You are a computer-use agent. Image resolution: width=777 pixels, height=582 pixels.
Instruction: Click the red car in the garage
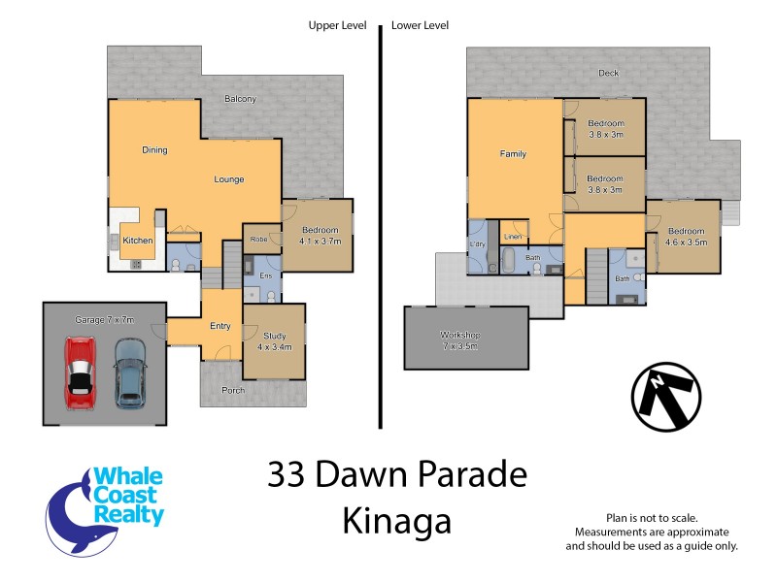pos(81,372)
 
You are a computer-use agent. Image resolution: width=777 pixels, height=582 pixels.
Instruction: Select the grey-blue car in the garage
pos(129,372)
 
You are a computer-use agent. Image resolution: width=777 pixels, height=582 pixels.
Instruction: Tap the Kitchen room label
pos(137,240)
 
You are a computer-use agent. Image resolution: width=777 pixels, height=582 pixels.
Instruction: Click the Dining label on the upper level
pos(154,150)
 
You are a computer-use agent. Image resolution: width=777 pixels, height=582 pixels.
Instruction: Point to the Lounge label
pos(229,179)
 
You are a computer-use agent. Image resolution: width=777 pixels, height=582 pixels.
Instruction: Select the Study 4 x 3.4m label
pos(273,340)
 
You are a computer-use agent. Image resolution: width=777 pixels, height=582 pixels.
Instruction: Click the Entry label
pos(220,326)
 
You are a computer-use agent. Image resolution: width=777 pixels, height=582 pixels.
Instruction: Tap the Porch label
pos(233,391)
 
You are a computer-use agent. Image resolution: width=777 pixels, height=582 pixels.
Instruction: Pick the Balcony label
pos(240,99)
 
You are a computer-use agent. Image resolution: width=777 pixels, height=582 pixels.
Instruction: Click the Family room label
pos(513,154)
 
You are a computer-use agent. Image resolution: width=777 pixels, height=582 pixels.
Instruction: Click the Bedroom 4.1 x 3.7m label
pos(320,235)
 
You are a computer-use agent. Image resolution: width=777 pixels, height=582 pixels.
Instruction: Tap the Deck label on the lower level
pos(607,73)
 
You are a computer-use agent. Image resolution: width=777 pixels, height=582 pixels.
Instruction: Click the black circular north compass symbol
pos(666,398)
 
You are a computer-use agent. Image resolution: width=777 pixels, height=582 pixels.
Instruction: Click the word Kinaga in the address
pos(396,522)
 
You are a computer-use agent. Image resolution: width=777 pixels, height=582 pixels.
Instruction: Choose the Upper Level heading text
pos(335,25)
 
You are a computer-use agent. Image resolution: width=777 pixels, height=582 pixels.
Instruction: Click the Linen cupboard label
pos(513,236)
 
